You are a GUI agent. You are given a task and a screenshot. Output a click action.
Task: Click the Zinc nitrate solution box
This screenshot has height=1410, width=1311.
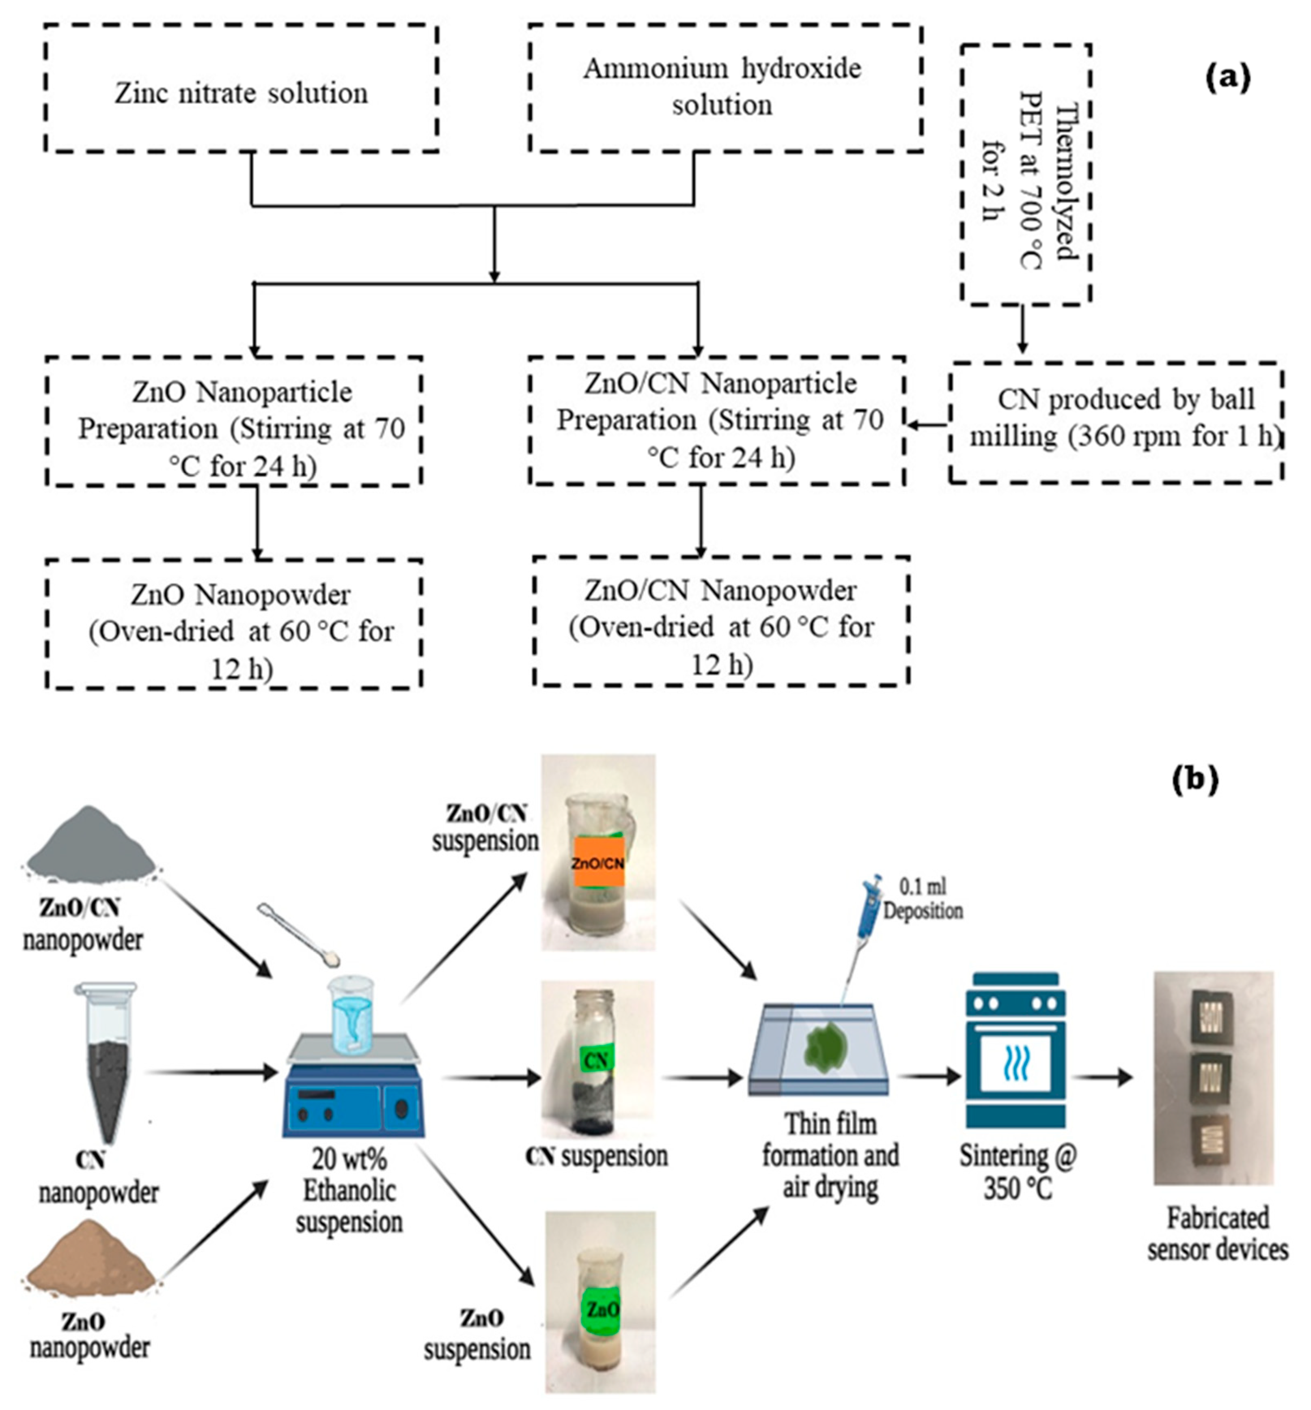click(x=241, y=88)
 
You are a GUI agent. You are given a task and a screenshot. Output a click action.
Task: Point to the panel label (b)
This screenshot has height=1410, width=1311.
click(x=1196, y=778)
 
